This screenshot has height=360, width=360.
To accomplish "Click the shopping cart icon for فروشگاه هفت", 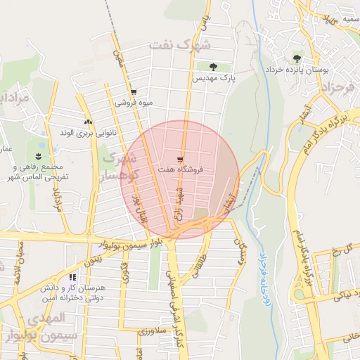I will [x=181, y=159].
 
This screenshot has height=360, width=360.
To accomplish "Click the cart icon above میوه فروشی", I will [x=134, y=92].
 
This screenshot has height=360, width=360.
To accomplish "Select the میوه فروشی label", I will [x=134, y=103].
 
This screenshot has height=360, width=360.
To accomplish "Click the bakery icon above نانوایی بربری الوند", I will [x=89, y=122].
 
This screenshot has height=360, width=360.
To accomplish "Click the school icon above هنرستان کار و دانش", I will [x=73, y=278].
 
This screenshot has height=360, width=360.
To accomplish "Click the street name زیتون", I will [x=94, y=259].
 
